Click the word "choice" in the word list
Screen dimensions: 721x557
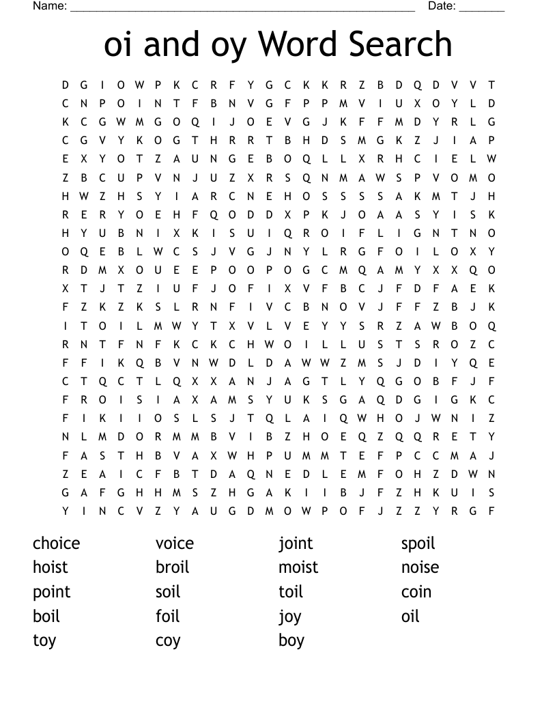[x=56, y=543]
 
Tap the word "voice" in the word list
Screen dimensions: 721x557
[x=174, y=543]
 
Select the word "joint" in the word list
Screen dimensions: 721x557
[x=296, y=543]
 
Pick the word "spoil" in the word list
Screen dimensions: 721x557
[x=418, y=543]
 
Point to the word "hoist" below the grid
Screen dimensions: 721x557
[x=51, y=567]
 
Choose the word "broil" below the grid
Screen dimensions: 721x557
[x=172, y=567]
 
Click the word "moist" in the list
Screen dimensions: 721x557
[x=298, y=567]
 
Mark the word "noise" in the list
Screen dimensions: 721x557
[x=420, y=567]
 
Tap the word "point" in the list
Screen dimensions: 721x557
[x=51, y=592]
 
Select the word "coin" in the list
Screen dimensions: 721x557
[x=416, y=592]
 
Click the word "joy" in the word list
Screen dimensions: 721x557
[x=289, y=617]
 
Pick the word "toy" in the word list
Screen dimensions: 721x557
[x=44, y=641]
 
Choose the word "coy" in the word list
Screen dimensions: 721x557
[x=168, y=641]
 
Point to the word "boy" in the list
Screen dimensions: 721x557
[x=291, y=641]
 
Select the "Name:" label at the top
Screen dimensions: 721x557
[x=50, y=6]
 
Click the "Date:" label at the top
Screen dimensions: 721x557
[x=442, y=6]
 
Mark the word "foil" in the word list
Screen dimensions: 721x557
[x=167, y=617]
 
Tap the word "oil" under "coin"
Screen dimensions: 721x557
[x=410, y=617]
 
